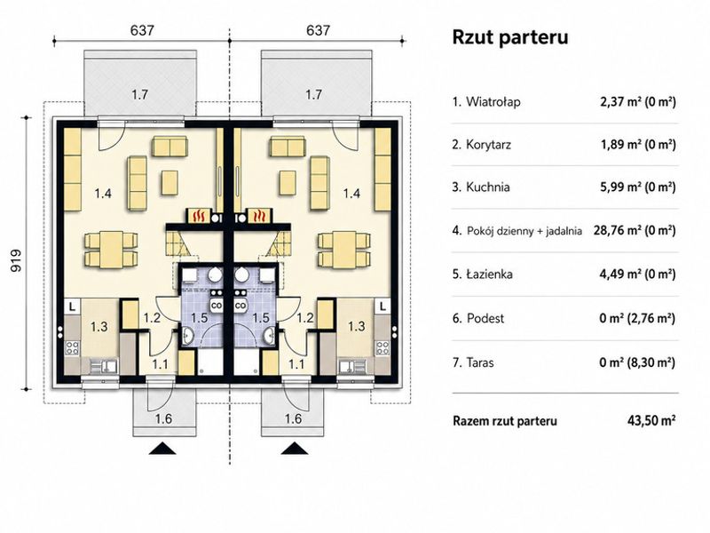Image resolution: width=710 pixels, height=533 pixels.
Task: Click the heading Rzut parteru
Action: [x=509, y=37]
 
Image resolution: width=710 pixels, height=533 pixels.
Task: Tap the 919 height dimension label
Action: [x=16, y=260]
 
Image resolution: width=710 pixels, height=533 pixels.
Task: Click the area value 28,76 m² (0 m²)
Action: [x=635, y=231]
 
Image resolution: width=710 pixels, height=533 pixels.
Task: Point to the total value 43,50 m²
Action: [x=651, y=420]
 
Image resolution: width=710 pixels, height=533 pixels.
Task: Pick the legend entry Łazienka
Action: [x=489, y=274]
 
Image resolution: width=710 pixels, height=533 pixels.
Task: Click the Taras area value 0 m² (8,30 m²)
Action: [x=637, y=362]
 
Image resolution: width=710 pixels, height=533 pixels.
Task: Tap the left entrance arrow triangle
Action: [x=162, y=449]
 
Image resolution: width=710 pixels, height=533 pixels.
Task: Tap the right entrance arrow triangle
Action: [x=295, y=449]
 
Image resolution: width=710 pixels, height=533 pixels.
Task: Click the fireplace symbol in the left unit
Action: [x=198, y=216]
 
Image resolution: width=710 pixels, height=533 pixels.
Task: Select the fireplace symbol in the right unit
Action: [x=259, y=216]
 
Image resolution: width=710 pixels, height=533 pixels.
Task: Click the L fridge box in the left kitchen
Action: [x=72, y=306]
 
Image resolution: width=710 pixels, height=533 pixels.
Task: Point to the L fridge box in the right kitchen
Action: [x=383, y=306]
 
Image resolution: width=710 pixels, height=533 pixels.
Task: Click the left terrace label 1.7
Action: [x=140, y=95]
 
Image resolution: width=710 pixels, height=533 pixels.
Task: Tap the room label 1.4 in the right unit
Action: [x=351, y=194]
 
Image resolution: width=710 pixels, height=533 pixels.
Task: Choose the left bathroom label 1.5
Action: [x=199, y=318]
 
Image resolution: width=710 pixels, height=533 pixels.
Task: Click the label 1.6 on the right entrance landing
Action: [x=294, y=418]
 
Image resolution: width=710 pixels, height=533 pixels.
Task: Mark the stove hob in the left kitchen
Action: [x=73, y=347]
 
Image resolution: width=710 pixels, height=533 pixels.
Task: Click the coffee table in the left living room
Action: [x=170, y=183]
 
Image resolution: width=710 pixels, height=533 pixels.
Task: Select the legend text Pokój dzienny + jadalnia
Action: [x=525, y=231]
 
